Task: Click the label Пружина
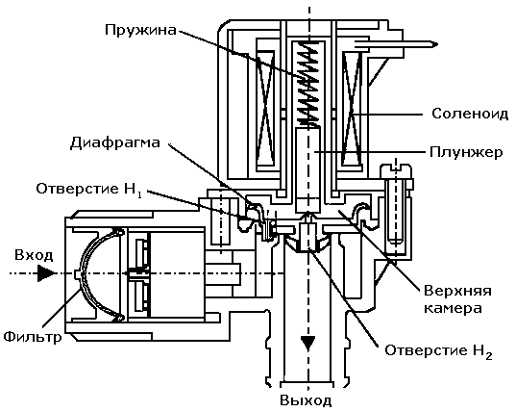click(140, 30)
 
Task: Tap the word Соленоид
click(470, 114)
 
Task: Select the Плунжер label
click(466, 153)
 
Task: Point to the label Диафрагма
click(115, 142)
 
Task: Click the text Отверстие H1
click(89, 191)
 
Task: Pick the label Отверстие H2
click(439, 351)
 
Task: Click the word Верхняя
click(457, 292)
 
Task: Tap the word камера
click(453, 308)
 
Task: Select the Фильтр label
click(33, 337)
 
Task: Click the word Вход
click(34, 255)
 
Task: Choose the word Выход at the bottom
click(306, 400)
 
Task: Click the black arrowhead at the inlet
click(46, 273)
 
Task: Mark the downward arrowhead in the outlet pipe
click(308, 344)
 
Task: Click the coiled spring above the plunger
click(307, 84)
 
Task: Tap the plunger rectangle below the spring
click(308, 169)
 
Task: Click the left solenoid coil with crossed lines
click(265, 108)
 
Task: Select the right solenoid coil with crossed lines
click(352, 108)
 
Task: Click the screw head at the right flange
click(396, 171)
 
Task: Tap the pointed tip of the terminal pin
click(437, 44)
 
